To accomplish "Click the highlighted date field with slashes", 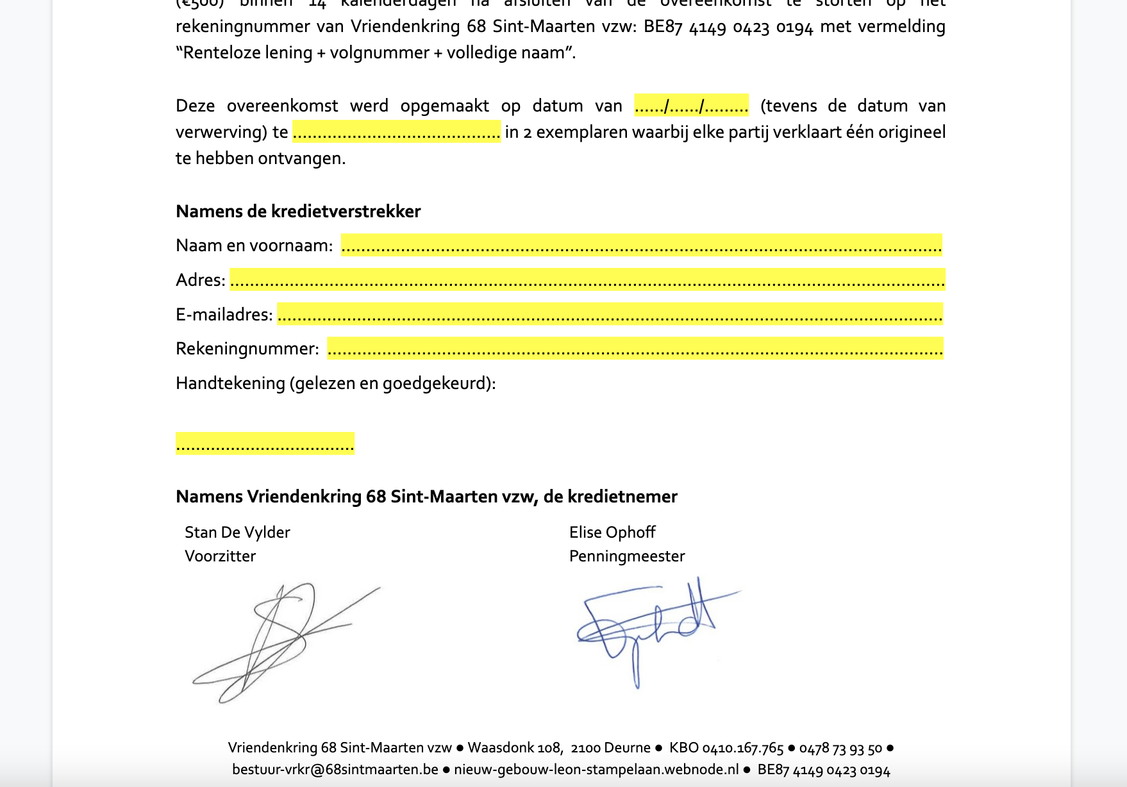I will (x=691, y=105).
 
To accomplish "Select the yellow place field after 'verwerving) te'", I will (x=396, y=132).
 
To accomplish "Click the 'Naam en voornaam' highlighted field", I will (x=641, y=245).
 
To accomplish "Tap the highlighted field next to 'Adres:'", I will (x=587, y=280).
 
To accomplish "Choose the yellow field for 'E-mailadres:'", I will (x=610, y=315).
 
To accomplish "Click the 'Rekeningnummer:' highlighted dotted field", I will (x=635, y=349).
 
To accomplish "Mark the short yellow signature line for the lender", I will (x=265, y=443).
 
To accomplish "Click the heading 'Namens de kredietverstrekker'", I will (x=298, y=211).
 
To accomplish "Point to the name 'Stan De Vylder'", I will (x=237, y=533).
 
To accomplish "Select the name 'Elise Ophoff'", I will (x=612, y=533).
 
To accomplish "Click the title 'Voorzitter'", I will (x=220, y=556).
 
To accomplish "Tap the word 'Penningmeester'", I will (x=627, y=556).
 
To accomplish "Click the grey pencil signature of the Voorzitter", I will (x=282, y=641).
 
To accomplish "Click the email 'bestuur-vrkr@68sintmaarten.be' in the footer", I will (x=335, y=770).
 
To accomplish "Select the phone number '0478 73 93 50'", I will (x=840, y=749).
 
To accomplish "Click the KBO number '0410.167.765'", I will (x=742, y=749).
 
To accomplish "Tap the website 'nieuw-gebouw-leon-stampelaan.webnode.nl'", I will (x=596, y=770).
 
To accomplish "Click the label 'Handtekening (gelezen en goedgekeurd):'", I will (x=335, y=383).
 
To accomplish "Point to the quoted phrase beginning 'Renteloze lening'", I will (x=376, y=53).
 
